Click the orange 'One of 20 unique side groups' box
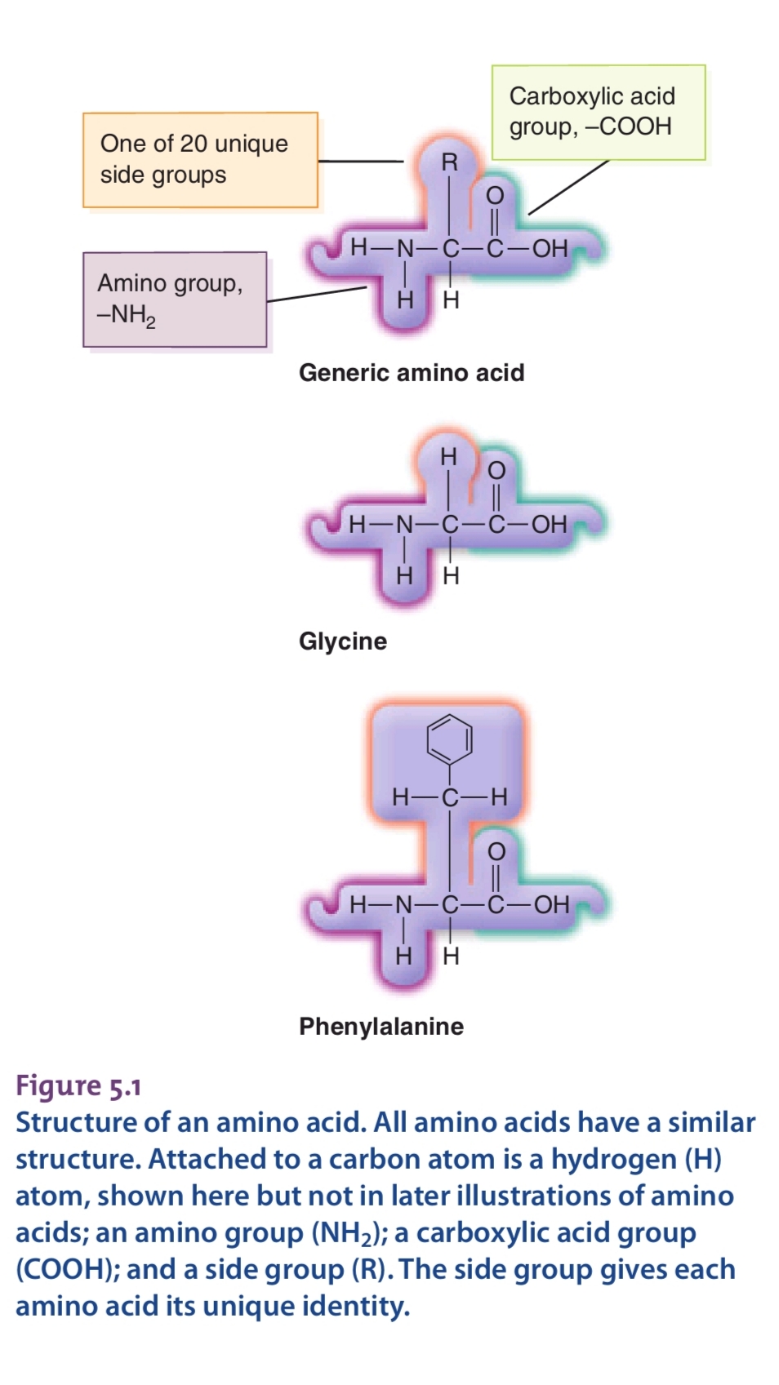tap(200, 160)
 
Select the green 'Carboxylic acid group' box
tap(598, 112)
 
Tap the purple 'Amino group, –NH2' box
tap(175, 300)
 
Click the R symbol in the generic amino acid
tap(449, 162)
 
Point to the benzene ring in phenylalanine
tap(449, 739)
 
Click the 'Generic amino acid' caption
tap(412, 373)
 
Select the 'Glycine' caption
tap(343, 641)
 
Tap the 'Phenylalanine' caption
tap(381, 1027)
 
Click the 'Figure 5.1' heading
tap(78, 1086)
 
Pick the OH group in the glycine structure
tap(550, 524)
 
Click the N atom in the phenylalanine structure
tap(404, 904)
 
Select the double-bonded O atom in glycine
tap(496, 471)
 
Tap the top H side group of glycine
tap(448, 457)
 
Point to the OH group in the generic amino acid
tap(550, 248)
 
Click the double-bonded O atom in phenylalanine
tap(496, 851)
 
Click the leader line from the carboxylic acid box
tap(568, 188)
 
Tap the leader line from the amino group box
tap(316, 294)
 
